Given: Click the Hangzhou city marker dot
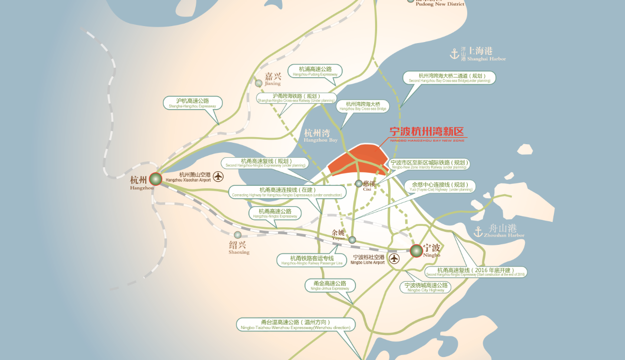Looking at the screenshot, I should tap(156, 179).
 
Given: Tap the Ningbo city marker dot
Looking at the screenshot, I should tap(416, 251).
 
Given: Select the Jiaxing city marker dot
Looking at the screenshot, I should tap(258, 83).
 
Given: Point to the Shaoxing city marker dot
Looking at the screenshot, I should tap(237, 235).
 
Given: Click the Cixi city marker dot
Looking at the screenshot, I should tap(359, 184).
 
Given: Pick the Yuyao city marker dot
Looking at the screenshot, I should tap(352, 240).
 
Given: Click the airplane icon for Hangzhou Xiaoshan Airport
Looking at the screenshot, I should tap(218, 176).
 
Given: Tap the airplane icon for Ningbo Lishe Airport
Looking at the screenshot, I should tap(395, 259).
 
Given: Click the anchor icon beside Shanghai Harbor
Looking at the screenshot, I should tap(455, 53).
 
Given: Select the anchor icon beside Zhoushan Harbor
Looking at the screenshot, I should tap(478, 231).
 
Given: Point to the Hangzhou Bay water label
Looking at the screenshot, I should tap(321, 135).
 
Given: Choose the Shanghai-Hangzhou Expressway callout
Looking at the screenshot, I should tap(193, 103).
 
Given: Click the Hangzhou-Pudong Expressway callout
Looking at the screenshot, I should tap(315, 71).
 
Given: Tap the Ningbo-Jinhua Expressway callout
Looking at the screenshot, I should tap(330, 285).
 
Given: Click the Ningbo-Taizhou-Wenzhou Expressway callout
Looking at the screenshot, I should tap(295, 324).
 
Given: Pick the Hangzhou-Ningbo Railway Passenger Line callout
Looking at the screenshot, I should tap(312, 260).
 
